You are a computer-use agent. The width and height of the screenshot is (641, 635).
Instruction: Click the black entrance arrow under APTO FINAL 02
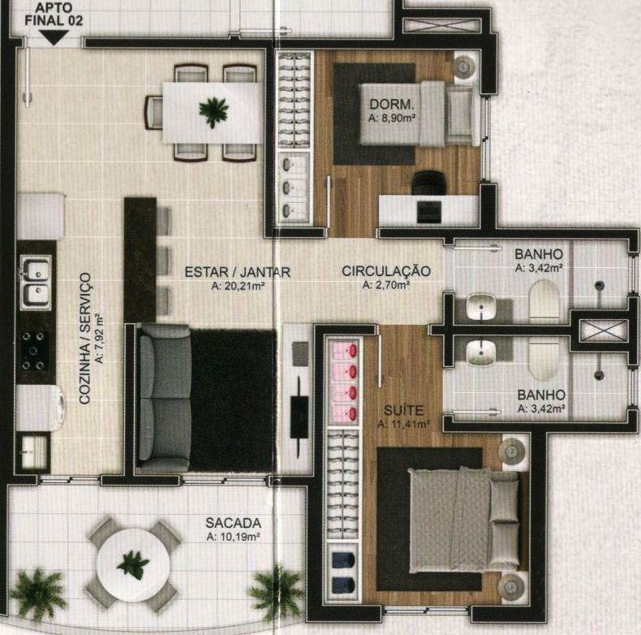(x=55, y=37)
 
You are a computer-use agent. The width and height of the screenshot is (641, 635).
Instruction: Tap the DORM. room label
(x=392, y=104)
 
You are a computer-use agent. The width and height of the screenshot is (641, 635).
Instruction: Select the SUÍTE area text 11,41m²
(x=403, y=425)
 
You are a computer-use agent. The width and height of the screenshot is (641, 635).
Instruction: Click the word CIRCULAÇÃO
(x=386, y=271)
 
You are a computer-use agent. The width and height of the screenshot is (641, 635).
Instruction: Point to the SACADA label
(x=234, y=523)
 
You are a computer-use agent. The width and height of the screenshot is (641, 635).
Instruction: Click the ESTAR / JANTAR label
(x=238, y=272)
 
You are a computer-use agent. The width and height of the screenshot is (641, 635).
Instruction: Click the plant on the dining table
(x=213, y=111)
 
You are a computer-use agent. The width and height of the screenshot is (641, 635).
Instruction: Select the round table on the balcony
(x=133, y=565)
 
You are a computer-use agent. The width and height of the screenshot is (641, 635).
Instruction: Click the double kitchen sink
(x=37, y=283)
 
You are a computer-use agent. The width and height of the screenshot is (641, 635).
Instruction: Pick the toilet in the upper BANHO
(x=544, y=300)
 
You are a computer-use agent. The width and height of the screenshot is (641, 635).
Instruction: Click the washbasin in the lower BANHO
(x=482, y=353)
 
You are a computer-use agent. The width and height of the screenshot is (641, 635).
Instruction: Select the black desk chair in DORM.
(x=428, y=183)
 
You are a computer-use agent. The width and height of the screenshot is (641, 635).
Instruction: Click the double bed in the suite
(x=464, y=520)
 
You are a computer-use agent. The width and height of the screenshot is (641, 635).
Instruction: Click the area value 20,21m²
(x=239, y=286)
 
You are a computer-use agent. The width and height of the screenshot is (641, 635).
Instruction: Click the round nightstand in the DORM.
(x=464, y=66)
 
